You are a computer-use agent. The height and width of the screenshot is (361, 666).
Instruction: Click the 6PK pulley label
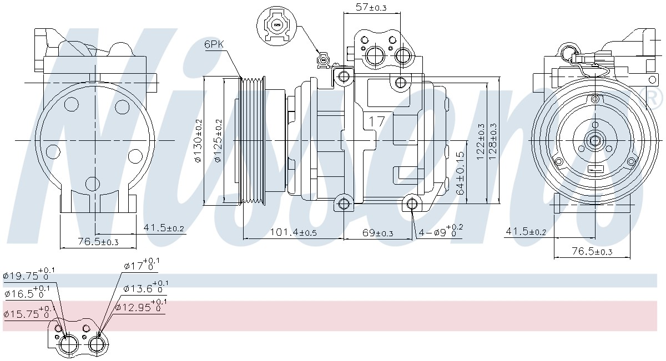[x=214, y=44]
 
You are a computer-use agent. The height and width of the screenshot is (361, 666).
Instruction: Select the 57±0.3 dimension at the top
[x=371, y=7]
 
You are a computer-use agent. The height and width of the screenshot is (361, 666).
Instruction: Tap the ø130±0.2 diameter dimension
[x=198, y=140]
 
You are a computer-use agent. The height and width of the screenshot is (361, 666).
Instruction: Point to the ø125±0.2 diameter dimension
[x=218, y=140]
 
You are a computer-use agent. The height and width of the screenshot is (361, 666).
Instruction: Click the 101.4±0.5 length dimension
[x=293, y=232]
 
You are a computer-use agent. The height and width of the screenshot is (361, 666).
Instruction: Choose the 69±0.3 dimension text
[x=377, y=233]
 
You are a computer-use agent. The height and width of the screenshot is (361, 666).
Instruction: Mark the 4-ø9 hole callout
[x=441, y=231]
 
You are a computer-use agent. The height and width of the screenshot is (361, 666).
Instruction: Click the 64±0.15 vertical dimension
[x=460, y=173]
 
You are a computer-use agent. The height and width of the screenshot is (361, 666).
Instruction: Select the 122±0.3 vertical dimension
[x=480, y=141]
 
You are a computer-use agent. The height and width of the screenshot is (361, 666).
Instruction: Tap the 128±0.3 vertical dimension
[x=492, y=141]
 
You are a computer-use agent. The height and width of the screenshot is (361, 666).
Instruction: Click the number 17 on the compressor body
[x=377, y=121]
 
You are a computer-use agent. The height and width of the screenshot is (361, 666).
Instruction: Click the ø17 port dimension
[x=142, y=265]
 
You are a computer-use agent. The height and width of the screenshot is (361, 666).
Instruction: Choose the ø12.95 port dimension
[x=140, y=306]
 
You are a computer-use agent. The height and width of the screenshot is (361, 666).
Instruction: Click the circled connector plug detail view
[x=276, y=26]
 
